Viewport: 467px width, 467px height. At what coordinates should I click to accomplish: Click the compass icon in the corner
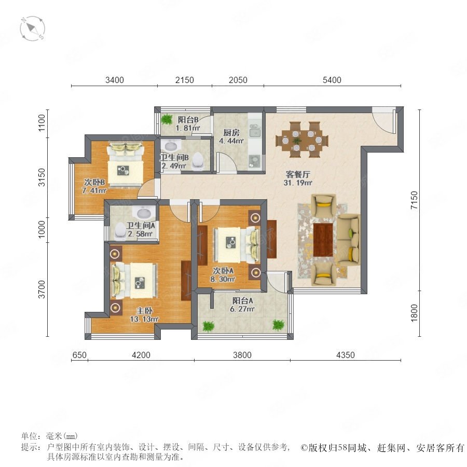(33, 29)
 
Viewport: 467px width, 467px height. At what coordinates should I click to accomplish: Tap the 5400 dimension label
(332, 80)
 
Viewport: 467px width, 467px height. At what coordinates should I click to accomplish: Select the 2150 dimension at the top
(185, 80)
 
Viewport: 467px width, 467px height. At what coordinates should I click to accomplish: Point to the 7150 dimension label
(414, 200)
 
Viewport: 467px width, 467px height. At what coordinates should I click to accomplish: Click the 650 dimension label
(79, 355)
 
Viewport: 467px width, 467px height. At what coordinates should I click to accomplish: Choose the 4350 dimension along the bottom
(346, 355)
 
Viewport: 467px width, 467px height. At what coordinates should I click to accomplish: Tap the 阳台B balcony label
(188, 120)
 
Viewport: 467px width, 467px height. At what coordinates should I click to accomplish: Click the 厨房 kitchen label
(231, 132)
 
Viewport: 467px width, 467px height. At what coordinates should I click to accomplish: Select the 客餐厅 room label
(298, 174)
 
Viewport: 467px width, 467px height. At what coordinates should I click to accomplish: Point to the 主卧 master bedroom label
(144, 311)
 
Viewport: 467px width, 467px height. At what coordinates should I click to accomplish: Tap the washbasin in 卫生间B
(171, 146)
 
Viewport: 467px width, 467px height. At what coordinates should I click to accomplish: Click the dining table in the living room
(302, 140)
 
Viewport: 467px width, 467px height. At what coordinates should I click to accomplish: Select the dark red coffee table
(323, 240)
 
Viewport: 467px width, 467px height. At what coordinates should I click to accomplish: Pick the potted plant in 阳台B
(167, 119)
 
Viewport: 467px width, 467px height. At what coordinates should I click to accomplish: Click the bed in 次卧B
(125, 164)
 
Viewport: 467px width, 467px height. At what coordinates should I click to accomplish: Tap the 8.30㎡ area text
(223, 279)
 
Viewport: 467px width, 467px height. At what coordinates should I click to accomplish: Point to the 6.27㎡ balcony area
(242, 309)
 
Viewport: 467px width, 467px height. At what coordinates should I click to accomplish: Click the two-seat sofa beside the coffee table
(348, 240)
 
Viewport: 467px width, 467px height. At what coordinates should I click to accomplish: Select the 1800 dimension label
(414, 313)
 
